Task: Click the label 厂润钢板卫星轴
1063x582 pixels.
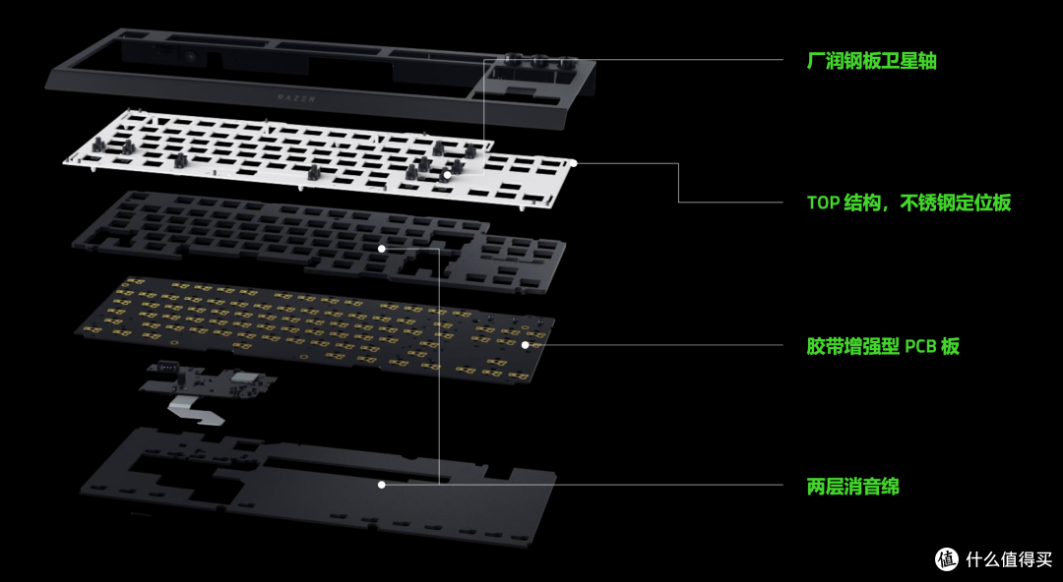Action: click(x=871, y=61)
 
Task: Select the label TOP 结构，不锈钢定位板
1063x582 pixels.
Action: click(x=908, y=202)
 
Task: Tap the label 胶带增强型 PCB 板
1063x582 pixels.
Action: click(x=883, y=346)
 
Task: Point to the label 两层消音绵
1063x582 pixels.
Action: click(x=852, y=486)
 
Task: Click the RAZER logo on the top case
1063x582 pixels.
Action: click(x=296, y=98)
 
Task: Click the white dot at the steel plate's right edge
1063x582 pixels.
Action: click(x=574, y=163)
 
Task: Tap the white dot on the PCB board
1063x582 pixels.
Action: click(x=525, y=345)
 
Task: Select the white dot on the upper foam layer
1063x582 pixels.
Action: click(x=382, y=249)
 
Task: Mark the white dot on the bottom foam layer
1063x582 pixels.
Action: click(x=382, y=485)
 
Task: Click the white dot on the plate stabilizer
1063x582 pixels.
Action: click(x=448, y=175)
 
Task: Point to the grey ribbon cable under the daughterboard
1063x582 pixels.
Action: click(x=198, y=412)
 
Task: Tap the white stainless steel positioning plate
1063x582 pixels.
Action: click(x=319, y=158)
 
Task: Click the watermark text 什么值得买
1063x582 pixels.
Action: click(x=1009, y=559)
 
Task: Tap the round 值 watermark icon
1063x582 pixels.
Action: click(x=947, y=559)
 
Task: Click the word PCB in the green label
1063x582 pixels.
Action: click(x=921, y=347)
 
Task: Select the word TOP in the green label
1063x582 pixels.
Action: click(x=823, y=203)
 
